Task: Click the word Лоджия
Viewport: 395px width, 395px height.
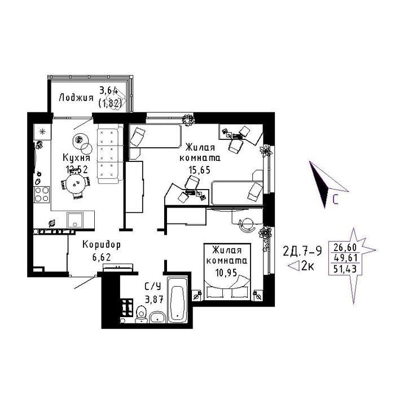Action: [x=76, y=98]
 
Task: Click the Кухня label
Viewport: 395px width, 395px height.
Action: [x=76, y=157]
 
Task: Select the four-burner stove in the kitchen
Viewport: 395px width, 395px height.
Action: [x=42, y=194]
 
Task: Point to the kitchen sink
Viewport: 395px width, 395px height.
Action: [x=75, y=220]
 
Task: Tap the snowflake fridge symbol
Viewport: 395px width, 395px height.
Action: [x=42, y=131]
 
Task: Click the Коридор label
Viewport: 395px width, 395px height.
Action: [x=102, y=244]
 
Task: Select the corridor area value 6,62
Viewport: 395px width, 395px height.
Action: [x=102, y=257]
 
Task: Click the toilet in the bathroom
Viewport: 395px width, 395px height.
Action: [x=141, y=314]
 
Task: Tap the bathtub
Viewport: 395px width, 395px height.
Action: [x=177, y=300]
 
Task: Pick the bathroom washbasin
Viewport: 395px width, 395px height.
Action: [x=157, y=317]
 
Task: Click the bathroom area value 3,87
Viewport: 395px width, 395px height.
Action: [x=154, y=299]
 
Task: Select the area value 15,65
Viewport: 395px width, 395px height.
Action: [x=200, y=170]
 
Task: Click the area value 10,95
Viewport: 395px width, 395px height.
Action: [x=226, y=273]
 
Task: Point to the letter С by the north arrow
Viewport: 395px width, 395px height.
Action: [x=335, y=199]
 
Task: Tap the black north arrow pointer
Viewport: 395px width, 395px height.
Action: [x=319, y=183]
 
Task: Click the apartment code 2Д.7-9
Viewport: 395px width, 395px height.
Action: [x=302, y=251]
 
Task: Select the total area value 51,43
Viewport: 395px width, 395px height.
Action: [x=345, y=269]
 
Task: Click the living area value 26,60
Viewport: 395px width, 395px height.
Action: [x=345, y=247]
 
